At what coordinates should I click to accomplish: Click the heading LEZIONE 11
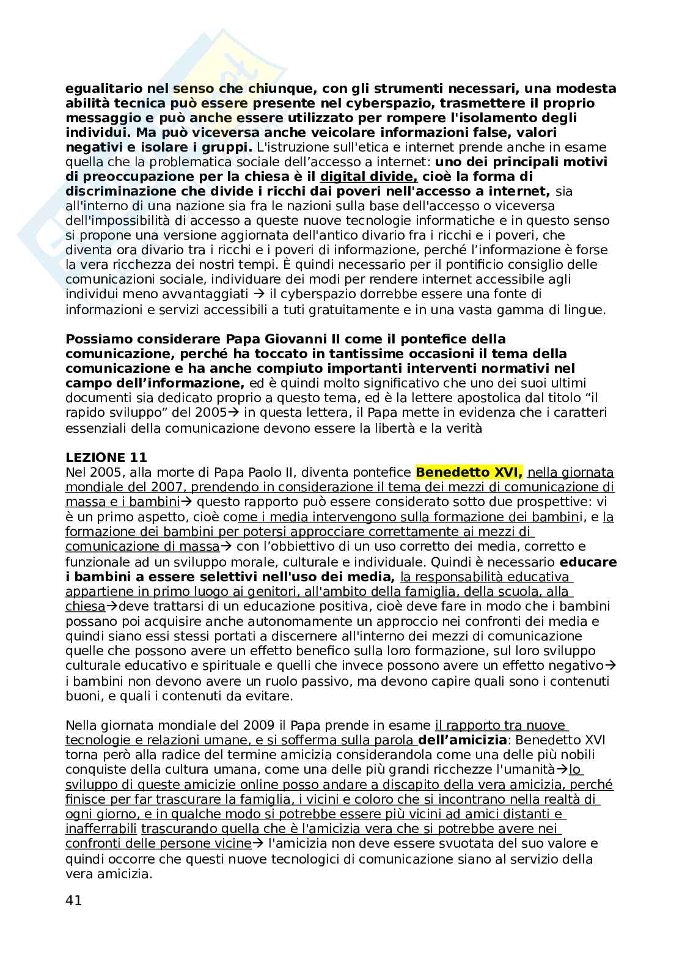(x=106, y=458)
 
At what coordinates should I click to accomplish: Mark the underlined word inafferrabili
(x=101, y=829)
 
